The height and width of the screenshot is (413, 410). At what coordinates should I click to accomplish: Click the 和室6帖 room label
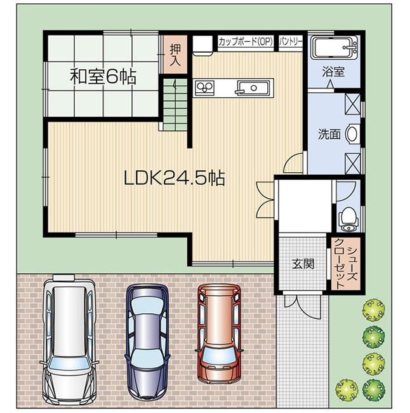[102, 77]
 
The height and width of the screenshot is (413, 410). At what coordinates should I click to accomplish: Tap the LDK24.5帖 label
[173, 179]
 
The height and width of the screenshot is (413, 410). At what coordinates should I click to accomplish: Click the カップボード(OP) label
[245, 42]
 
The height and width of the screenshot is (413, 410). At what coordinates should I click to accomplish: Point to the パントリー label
[291, 42]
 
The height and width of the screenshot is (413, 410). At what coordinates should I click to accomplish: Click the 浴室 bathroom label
[334, 72]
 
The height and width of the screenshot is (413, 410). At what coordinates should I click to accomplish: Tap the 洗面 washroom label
[329, 134]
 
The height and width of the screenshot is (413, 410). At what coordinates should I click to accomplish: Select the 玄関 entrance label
[303, 263]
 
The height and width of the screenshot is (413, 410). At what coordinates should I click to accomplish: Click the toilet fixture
[347, 217]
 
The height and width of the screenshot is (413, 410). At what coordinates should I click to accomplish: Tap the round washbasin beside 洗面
[354, 134]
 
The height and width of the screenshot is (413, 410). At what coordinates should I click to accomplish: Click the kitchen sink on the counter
[253, 88]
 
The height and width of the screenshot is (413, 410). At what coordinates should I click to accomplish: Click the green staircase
[172, 104]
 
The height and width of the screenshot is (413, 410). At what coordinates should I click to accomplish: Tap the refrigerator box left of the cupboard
[202, 46]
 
